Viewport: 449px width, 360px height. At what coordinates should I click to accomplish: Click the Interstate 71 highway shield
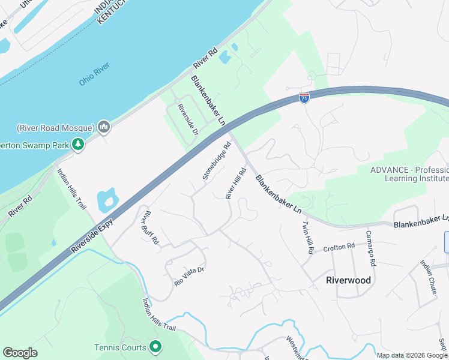click(x=304, y=97)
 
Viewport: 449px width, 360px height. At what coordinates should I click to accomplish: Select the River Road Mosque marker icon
click(x=103, y=127)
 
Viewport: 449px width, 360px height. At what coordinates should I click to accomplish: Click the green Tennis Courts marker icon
click(x=155, y=347)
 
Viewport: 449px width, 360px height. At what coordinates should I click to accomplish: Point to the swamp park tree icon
click(x=77, y=144)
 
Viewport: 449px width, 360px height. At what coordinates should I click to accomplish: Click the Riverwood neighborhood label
click(x=348, y=280)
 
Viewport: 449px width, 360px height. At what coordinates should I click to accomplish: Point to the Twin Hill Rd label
click(x=307, y=238)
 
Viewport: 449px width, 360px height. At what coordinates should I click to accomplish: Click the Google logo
click(x=20, y=353)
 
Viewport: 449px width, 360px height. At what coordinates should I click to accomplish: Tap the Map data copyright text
click(x=412, y=355)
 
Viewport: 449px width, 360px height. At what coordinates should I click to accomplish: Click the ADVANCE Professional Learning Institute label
click(x=409, y=174)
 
